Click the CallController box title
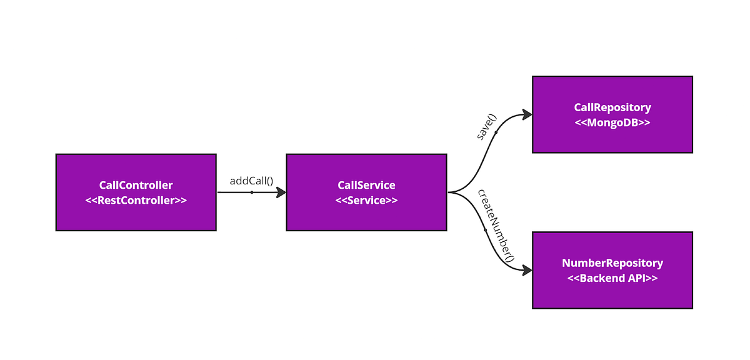click(x=136, y=185)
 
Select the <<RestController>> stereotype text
click(x=136, y=201)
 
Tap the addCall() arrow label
click(x=251, y=181)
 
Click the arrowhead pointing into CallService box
click(x=281, y=192)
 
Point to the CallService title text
click(x=366, y=185)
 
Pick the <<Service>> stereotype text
click(x=366, y=201)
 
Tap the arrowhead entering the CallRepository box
click(x=526, y=115)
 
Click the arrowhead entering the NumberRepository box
click(x=526, y=270)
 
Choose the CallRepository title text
click(x=612, y=107)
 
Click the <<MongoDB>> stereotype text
click(x=612, y=123)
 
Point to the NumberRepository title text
click(x=612, y=263)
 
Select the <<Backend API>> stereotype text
click(x=612, y=279)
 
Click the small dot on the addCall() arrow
click(x=251, y=192)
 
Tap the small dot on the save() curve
click(x=496, y=132)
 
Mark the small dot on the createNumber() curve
click(x=486, y=231)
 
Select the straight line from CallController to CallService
click(x=234, y=192)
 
